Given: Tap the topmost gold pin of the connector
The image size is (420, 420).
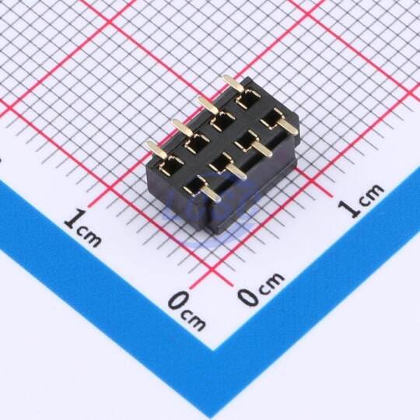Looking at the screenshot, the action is [x=233, y=83].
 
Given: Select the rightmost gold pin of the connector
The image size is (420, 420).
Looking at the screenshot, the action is [x=287, y=127].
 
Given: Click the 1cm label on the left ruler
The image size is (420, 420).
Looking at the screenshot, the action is [x=82, y=228].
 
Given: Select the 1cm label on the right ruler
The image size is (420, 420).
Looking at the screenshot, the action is [x=361, y=201].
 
